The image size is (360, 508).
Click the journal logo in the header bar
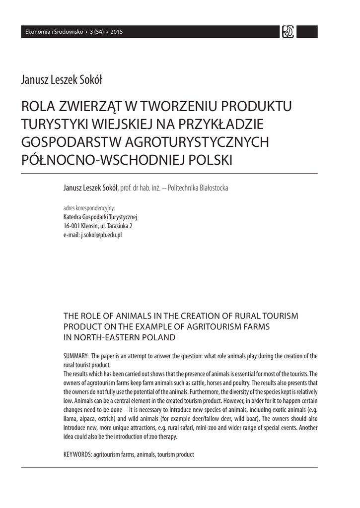pos(288,32)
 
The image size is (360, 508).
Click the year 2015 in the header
pos(117,32)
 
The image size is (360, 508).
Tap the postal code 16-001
pos(72,226)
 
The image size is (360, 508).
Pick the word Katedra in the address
pos(73,217)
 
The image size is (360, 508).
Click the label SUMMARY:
pos(76,356)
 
